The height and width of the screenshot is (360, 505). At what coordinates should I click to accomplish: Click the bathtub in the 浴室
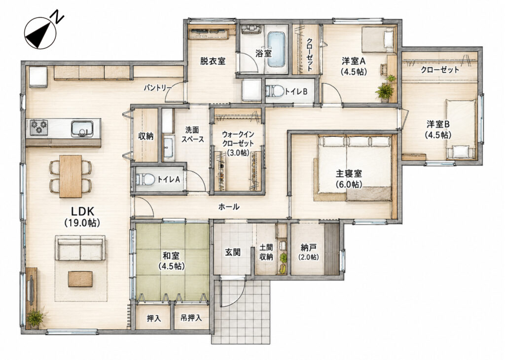point(276,49)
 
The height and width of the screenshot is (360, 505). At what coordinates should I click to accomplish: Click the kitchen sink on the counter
point(82,129)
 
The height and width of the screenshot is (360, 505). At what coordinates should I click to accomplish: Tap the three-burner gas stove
point(39,128)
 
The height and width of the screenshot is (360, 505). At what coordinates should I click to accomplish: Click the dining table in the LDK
point(71,176)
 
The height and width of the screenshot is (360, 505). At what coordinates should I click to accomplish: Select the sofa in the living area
point(80,248)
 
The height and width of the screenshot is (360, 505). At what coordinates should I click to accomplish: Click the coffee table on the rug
point(80,279)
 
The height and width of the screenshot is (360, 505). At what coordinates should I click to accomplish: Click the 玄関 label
point(233,252)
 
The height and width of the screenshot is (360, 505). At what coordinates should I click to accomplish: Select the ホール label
point(229,207)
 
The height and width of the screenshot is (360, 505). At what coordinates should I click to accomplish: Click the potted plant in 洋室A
point(385,91)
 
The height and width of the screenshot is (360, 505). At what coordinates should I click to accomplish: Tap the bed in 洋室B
point(461,129)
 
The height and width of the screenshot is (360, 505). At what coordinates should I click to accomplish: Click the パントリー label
point(158,87)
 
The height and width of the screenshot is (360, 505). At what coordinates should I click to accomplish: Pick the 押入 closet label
point(154,318)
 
